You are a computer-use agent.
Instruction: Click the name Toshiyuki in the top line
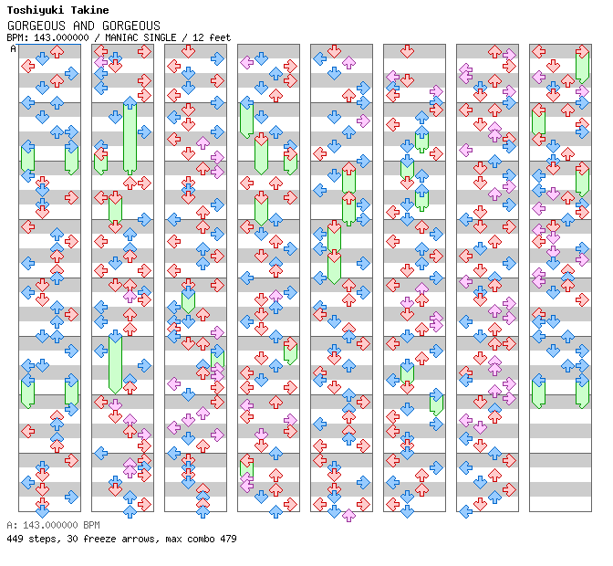34,10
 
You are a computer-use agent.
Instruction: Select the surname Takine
89,10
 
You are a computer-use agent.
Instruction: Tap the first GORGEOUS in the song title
32,26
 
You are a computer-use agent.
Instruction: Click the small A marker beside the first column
13,48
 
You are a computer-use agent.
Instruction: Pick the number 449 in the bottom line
15,539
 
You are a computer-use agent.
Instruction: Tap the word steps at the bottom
42,539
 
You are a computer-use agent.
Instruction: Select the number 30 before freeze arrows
70,539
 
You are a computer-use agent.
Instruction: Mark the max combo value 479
227,539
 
